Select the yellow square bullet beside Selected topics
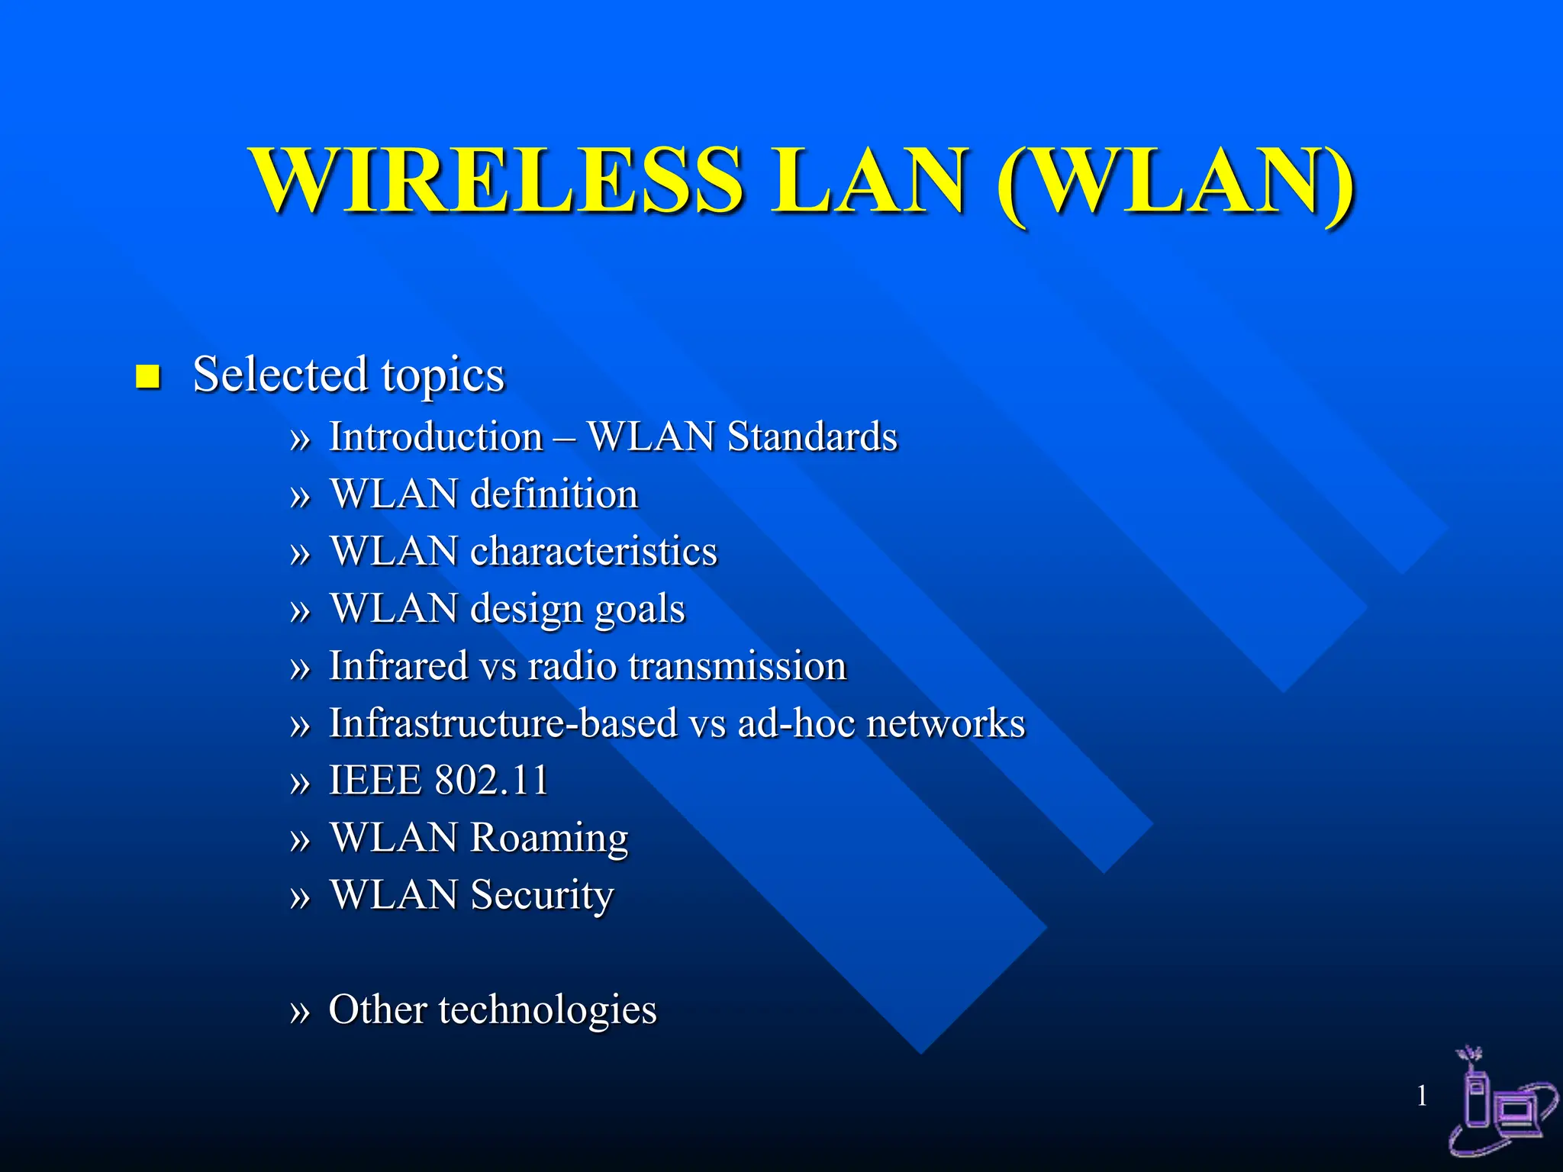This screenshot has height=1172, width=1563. coord(147,376)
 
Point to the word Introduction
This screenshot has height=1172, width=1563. coord(436,437)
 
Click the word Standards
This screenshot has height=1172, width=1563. coord(812,437)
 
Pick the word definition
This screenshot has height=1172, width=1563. coord(554,494)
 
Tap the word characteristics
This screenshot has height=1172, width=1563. coord(594,551)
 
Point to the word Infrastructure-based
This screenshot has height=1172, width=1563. coord(503,723)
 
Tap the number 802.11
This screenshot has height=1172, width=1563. coord(491,780)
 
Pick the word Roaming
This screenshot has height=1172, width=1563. coord(549,839)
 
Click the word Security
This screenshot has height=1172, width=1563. coord(542,896)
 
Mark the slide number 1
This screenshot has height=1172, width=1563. coord(1422,1096)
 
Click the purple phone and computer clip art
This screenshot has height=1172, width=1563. coord(1500,1110)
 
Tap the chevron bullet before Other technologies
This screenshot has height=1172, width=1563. coord(300,1012)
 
